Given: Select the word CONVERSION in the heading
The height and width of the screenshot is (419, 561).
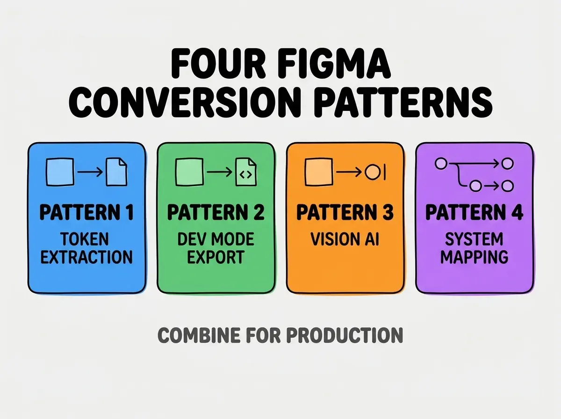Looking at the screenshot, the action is pyautogui.click(x=184, y=102).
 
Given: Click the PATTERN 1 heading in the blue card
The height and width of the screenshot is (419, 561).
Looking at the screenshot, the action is pyautogui.click(x=86, y=212).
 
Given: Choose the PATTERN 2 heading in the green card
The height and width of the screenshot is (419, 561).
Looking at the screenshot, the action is pyautogui.click(x=216, y=212).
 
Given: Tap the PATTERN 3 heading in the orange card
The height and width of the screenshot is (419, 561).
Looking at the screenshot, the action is pyautogui.click(x=345, y=212).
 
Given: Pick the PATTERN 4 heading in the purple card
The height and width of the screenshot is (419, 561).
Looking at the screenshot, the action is pyautogui.click(x=475, y=212).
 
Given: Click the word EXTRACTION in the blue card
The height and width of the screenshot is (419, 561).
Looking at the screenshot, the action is pyautogui.click(x=86, y=257).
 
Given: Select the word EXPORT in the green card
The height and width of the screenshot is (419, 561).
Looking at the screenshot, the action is pyautogui.click(x=216, y=257).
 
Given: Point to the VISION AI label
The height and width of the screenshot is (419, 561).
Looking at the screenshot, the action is pyautogui.click(x=345, y=239).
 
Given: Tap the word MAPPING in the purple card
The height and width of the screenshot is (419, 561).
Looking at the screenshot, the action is pyautogui.click(x=475, y=257).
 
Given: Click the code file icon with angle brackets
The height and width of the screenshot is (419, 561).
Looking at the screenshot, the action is pyautogui.click(x=246, y=172).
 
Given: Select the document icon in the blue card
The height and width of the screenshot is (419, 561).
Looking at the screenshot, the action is pyautogui.click(x=116, y=172).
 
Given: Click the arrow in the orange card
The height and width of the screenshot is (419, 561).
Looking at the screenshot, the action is pyautogui.click(x=349, y=172).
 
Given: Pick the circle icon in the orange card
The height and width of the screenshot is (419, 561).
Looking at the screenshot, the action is pyautogui.click(x=373, y=172).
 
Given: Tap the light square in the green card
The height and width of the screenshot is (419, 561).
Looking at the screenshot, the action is pyautogui.click(x=189, y=172).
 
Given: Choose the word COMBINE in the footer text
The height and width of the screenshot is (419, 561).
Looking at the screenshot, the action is pyautogui.click(x=199, y=335).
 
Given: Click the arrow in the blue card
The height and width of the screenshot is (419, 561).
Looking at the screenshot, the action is pyautogui.click(x=90, y=172).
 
